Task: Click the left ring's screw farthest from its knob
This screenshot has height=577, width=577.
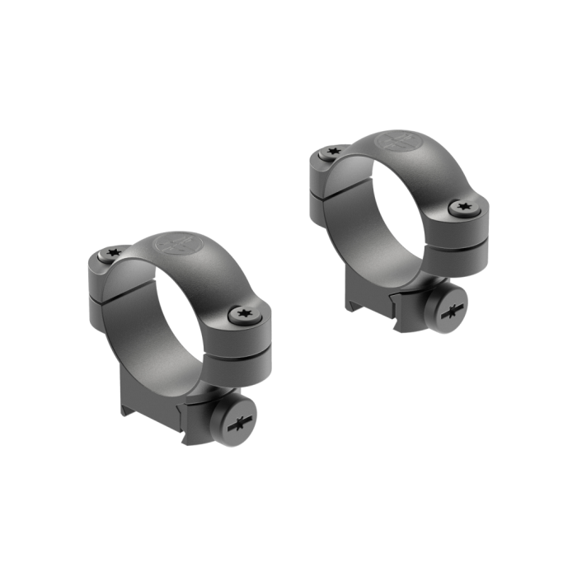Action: [x=113, y=254]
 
